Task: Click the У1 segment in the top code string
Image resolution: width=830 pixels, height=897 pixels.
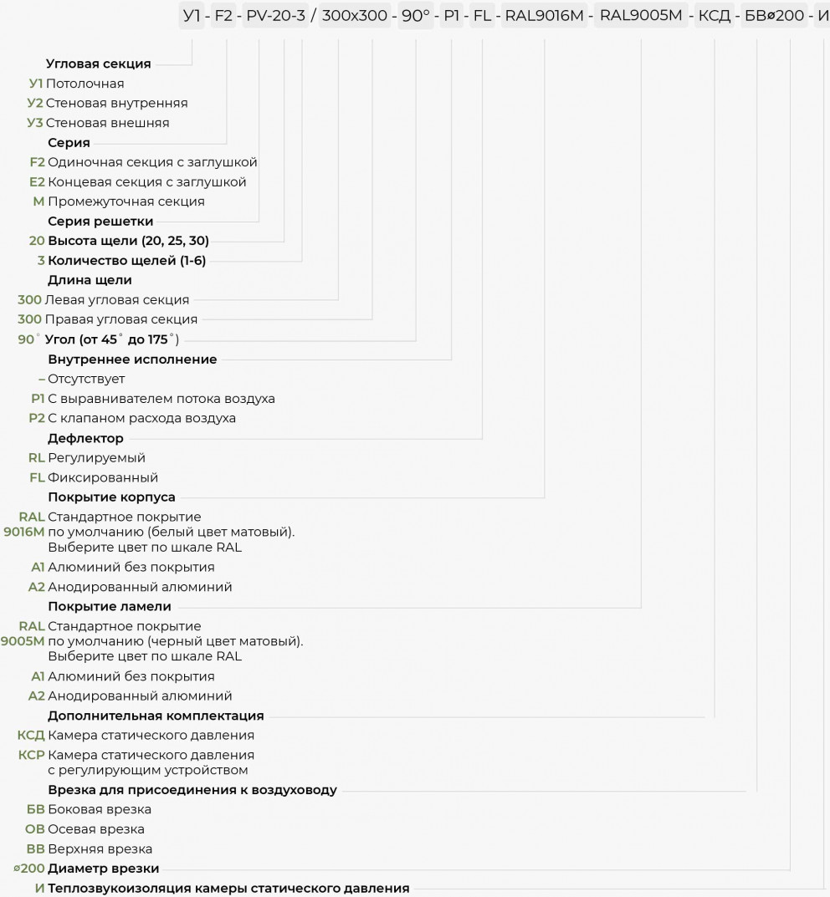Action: pyautogui.click(x=192, y=15)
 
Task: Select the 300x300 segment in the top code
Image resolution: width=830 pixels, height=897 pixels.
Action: pyautogui.click(x=354, y=15)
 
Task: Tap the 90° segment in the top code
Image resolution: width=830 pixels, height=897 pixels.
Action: pyautogui.click(x=416, y=15)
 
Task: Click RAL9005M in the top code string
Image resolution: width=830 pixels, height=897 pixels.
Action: pyautogui.click(x=641, y=15)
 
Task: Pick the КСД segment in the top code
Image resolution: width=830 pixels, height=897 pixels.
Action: pyautogui.click(x=715, y=16)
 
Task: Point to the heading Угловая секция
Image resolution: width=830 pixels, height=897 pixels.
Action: pyautogui.click(x=99, y=64)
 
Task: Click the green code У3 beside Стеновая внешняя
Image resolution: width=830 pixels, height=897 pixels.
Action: pyautogui.click(x=35, y=123)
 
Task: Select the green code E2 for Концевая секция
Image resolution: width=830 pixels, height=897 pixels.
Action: pyautogui.click(x=37, y=182)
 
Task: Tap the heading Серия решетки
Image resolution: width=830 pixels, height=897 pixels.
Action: pyautogui.click(x=100, y=222)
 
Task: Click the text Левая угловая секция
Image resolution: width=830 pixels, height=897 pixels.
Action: pyautogui.click(x=117, y=300)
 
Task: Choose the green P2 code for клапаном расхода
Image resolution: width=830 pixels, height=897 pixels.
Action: pyautogui.click(x=37, y=418)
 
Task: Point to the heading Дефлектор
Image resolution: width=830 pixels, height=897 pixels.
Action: pyautogui.click(x=86, y=438)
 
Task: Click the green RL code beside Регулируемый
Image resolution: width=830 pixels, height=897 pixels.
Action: pyautogui.click(x=37, y=457)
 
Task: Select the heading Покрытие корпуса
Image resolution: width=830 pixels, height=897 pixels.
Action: pyautogui.click(x=111, y=497)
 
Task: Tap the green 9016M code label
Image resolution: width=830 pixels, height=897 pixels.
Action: pyautogui.click(x=24, y=532)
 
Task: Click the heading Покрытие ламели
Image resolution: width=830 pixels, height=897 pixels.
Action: pyautogui.click(x=110, y=606)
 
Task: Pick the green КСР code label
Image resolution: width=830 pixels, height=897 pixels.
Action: pyautogui.click(x=32, y=755)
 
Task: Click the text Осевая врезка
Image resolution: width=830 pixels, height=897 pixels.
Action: pyautogui.click(x=96, y=829)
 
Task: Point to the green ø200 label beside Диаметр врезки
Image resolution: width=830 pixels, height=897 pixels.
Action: pyautogui.click(x=29, y=869)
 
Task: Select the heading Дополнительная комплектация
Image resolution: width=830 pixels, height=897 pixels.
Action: pyautogui.click(x=156, y=716)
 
